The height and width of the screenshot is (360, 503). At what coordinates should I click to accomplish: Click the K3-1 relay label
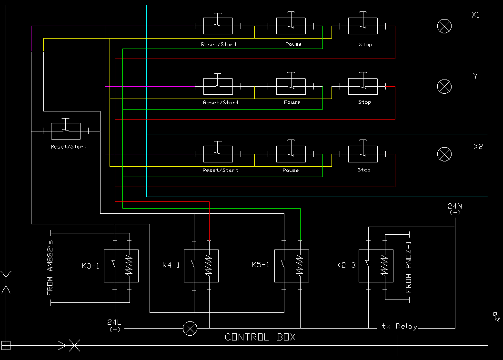coord(91,266)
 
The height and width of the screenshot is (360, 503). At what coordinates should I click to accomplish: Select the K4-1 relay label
coord(171,265)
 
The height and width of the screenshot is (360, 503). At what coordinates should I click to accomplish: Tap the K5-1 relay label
coord(261,265)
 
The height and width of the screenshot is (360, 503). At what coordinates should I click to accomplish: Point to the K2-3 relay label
coord(346,265)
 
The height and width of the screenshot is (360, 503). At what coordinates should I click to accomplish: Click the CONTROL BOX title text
coord(260,337)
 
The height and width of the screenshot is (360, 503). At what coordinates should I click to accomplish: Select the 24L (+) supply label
coord(114,325)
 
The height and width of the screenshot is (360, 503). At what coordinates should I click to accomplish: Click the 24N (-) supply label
coord(455,209)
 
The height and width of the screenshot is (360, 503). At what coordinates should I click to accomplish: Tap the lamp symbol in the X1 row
coord(444,26)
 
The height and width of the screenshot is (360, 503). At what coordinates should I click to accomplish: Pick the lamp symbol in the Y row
coord(444,87)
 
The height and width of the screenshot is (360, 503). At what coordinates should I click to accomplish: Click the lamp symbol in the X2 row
coord(444,154)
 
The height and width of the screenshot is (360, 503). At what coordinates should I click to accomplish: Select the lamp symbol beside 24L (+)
coord(190,329)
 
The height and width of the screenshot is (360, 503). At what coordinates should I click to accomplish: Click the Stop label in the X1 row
coord(365,45)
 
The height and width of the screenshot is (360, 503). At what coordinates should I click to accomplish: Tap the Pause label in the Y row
coord(292,102)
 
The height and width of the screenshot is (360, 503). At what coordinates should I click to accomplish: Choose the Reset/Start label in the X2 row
coord(221,170)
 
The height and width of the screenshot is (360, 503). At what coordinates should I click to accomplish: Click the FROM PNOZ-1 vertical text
coord(408,267)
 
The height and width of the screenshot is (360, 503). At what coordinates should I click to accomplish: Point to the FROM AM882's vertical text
coord(50,268)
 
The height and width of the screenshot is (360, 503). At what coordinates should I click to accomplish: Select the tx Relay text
coord(400,326)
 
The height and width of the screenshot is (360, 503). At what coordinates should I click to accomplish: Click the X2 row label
coord(478,147)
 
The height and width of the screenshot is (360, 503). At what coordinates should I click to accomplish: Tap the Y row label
coord(475,76)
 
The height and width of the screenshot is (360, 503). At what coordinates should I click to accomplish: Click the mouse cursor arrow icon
coord(496,316)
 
